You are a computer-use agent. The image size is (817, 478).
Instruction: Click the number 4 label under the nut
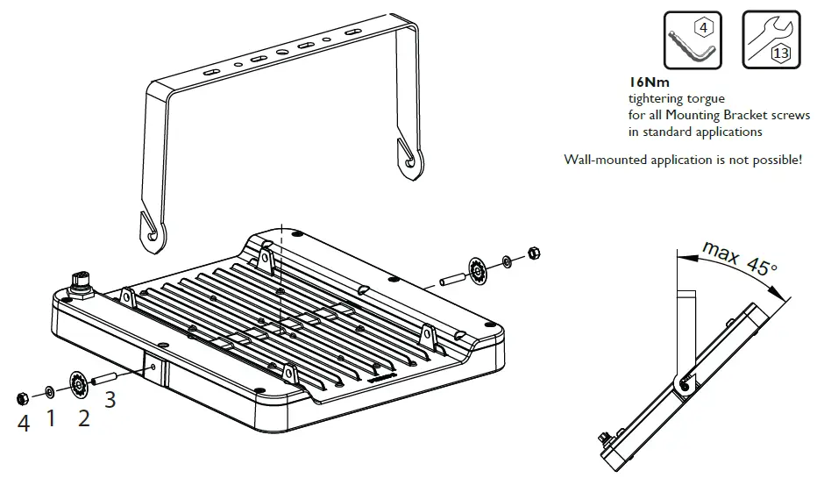tap(24, 423)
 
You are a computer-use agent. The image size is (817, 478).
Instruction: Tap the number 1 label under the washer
tap(50, 418)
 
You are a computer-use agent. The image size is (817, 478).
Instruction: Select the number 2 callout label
tap(83, 417)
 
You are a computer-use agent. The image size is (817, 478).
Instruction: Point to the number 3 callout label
tap(110, 400)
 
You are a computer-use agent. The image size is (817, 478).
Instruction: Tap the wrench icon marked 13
tap(771, 39)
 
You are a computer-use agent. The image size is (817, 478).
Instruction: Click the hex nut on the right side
tap(532, 254)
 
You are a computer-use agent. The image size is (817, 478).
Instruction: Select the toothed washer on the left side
tap(75, 384)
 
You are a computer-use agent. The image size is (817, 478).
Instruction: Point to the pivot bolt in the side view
tap(685, 383)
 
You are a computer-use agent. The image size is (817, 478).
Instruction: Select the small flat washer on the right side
tap(508, 261)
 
